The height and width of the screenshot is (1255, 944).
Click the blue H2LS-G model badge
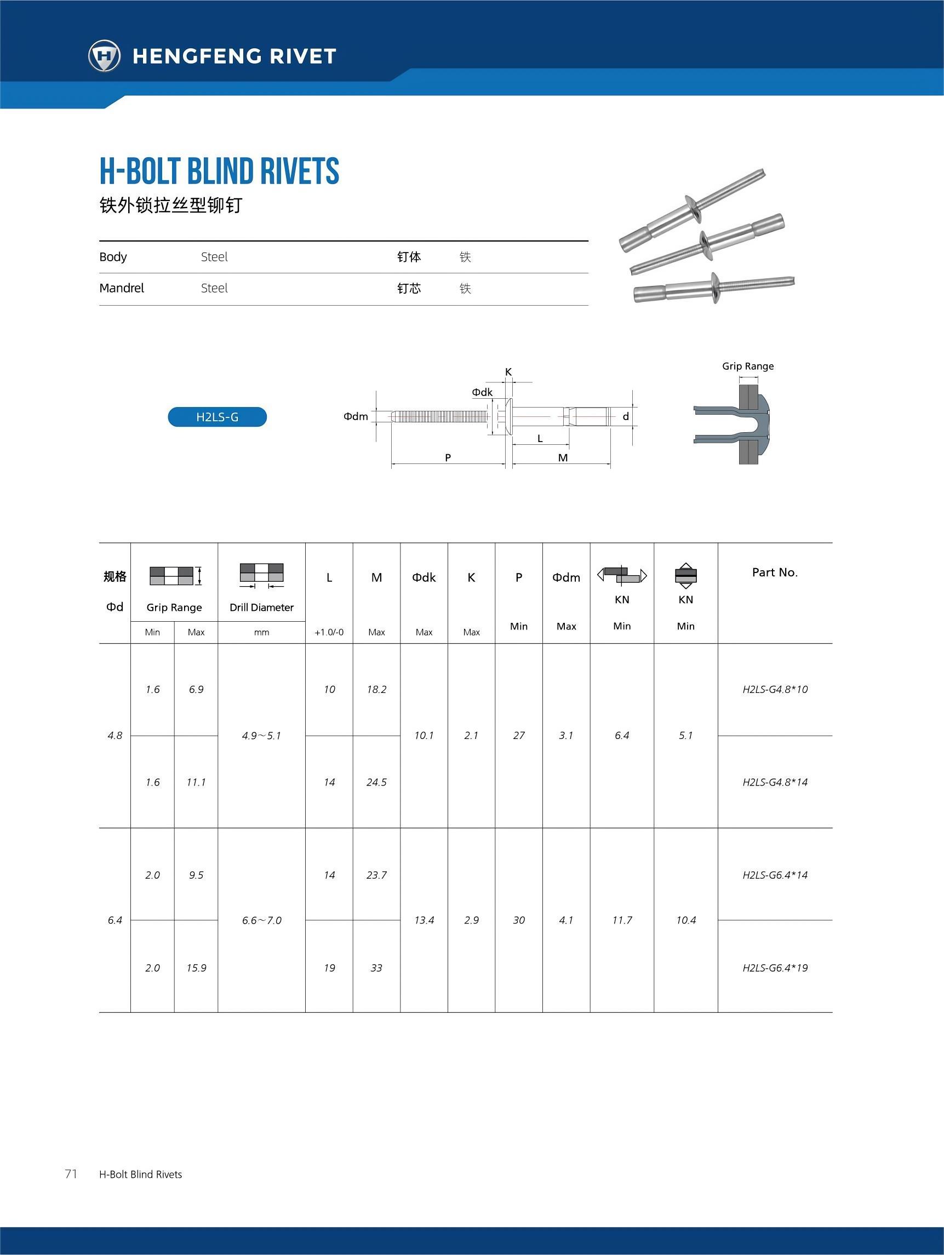217,417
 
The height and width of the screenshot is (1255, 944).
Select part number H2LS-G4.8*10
775,689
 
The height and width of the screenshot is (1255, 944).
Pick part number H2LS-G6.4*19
775,968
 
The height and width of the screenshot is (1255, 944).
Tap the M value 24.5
376,782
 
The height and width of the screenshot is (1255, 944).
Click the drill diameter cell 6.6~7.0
261,920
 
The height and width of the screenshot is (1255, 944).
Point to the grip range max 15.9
196,968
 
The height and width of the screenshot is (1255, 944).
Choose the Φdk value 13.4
424,920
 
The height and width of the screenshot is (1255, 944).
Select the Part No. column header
775,572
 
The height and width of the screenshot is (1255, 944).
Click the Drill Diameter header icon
261,575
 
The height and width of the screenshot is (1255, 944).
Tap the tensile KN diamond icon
685,575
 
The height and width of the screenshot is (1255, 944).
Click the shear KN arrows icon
622,575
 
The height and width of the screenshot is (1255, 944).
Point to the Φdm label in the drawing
356,416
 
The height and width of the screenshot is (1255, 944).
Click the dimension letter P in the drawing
448,457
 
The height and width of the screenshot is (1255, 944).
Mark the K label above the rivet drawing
508,371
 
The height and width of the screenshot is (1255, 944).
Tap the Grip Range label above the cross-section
748,366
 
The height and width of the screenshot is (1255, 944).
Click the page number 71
71,1174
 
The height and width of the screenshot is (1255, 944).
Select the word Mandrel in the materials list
122,288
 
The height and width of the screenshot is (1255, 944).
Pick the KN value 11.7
622,920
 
